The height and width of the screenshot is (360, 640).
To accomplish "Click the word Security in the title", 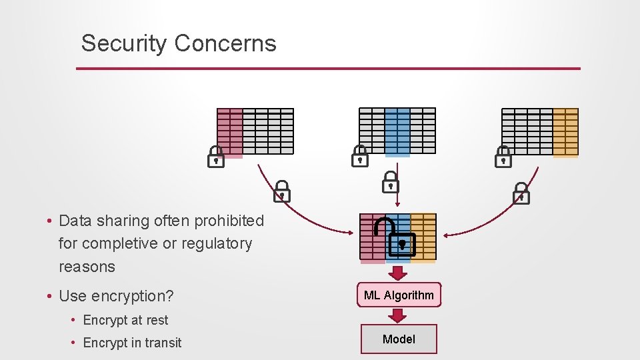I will [x=124, y=44].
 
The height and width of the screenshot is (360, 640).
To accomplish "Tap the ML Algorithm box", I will [x=399, y=295].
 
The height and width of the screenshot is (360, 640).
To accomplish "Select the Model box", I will [x=399, y=339].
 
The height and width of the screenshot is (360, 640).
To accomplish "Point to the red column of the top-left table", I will [x=229, y=132].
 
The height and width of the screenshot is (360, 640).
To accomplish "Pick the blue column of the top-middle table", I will [x=397, y=131].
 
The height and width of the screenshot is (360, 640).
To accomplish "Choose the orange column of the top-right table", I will [x=565, y=132].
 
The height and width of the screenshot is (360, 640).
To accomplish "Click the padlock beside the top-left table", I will [x=215, y=157].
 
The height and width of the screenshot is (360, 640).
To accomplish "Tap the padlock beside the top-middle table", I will [x=360, y=157].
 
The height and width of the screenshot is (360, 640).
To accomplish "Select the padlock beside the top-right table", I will [x=503, y=157].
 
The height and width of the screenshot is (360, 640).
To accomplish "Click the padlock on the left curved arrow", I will [x=282, y=191].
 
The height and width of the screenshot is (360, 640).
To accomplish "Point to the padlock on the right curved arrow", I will [x=521, y=193].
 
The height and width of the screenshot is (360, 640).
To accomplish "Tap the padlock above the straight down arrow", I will [x=390, y=182].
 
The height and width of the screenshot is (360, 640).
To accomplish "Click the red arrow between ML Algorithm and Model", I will [x=399, y=316].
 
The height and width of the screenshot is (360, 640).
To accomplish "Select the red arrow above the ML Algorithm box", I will [x=399, y=273].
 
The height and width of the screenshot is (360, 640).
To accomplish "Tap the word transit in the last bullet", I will [x=163, y=343].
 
